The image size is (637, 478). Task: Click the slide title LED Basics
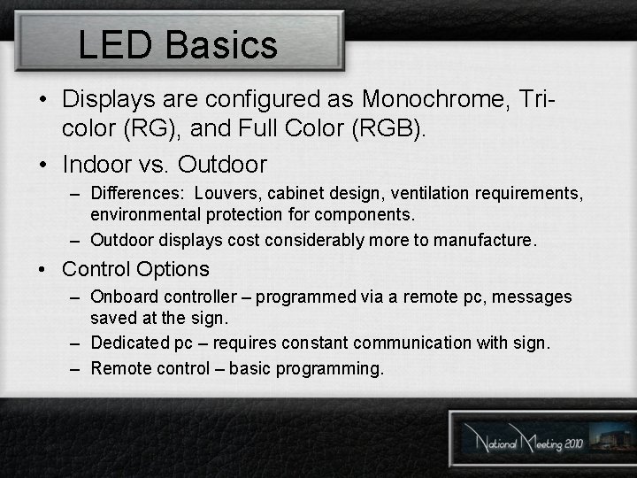tap(178, 44)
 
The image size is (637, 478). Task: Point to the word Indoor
tap(97, 165)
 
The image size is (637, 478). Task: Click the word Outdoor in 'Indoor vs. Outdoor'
tap(222, 165)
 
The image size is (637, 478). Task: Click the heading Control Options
tap(135, 269)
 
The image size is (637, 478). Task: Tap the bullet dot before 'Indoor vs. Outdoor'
tap(43, 166)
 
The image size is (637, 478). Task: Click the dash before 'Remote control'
tap(75, 367)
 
